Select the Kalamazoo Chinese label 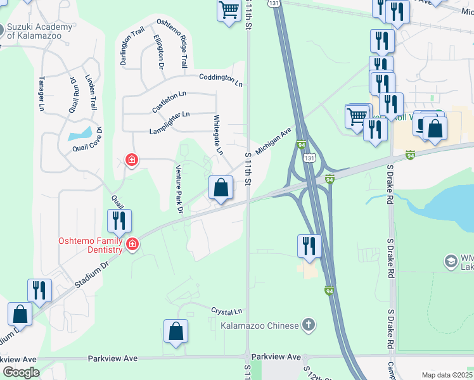[259, 326]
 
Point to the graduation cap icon [451, 261]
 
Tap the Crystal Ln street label [227, 312]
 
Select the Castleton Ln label [169, 101]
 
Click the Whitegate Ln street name [218, 135]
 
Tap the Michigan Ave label [273, 141]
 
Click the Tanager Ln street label [41, 94]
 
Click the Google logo [21, 372]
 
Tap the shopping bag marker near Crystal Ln [176, 331]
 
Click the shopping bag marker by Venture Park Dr [221, 188]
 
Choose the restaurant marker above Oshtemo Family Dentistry [119, 220]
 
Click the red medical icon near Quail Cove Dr [131, 160]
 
